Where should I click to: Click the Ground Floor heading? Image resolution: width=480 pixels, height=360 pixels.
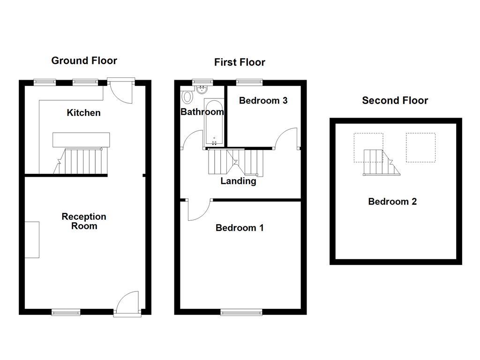(x=84, y=60)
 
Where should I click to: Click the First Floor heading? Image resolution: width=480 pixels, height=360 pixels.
(x=240, y=62)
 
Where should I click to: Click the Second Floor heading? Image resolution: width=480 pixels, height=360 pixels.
(x=395, y=100)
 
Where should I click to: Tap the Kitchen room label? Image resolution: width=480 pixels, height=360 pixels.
(x=83, y=112)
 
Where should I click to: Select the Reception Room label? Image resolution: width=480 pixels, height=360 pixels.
(x=84, y=221)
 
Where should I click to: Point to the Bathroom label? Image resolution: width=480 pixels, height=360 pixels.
(x=202, y=112)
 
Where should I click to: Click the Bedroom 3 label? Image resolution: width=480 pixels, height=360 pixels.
(x=263, y=100)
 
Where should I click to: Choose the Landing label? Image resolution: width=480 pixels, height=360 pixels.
(x=238, y=181)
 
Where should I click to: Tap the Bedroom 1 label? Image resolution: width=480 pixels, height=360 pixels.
(x=240, y=228)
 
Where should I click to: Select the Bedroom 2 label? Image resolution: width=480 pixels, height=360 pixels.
(x=392, y=202)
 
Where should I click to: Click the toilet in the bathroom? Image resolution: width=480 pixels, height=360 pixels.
(x=187, y=97)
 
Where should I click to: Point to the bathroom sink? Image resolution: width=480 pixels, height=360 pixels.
(x=203, y=89)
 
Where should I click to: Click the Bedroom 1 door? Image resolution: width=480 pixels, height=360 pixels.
(x=198, y=210)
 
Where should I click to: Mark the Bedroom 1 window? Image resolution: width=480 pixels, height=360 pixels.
(x=241, y=312)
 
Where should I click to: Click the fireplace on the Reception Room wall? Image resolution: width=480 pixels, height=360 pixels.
(x=32, y=239)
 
